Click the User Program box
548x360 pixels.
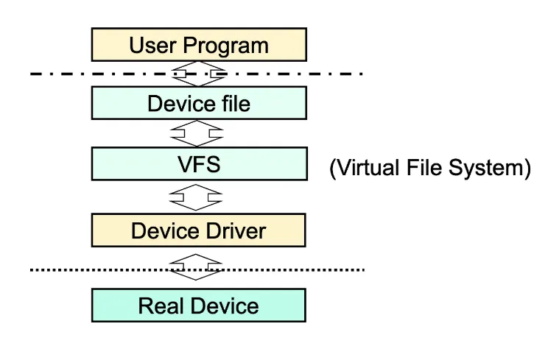pos(198,44)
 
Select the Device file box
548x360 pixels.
pos(198,103)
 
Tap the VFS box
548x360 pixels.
pos(198,163)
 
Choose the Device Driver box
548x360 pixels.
pos(198,231)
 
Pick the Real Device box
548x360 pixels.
pos(198,306)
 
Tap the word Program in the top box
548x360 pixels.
pos(225,45)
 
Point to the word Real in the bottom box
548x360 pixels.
pos(160,306)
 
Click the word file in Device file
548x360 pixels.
pos(233,103)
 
